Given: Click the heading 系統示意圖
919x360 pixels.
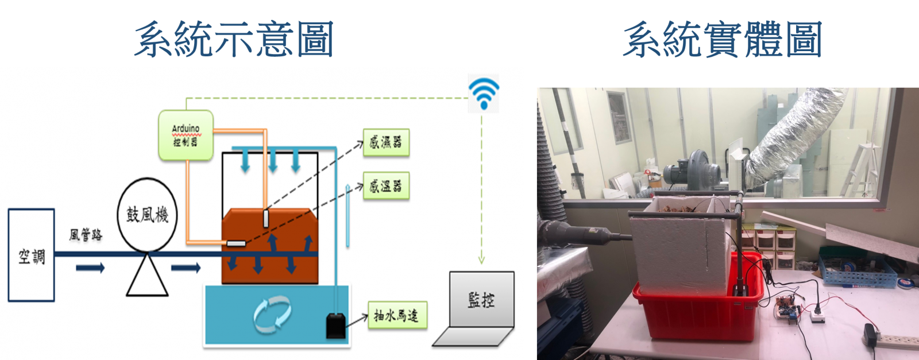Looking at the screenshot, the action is [234, 40].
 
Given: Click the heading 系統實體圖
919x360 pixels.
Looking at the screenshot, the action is [723, 40].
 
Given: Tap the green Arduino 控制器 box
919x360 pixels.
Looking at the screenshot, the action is [186, 135].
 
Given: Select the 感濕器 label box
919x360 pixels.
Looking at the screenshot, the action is [386, 142].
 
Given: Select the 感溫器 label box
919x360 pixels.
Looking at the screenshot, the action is [386, 185].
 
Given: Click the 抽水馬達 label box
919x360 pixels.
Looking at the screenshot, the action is [397, 315].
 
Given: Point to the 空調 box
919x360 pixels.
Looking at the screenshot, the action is [31, 255].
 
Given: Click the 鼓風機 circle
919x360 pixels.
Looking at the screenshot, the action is [147, 214].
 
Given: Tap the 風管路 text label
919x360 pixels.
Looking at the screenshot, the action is [86, 235].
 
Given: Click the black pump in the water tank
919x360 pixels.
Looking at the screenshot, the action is [335, 326].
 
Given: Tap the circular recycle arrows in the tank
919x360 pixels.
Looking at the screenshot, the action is [272, 315].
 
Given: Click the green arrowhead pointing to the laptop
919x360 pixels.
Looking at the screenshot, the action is [482, 260].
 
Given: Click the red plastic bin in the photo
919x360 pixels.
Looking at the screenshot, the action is [697, 303].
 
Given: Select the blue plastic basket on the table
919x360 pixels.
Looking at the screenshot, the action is [858, 268].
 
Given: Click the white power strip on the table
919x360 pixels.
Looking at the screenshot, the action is [894, 340].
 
